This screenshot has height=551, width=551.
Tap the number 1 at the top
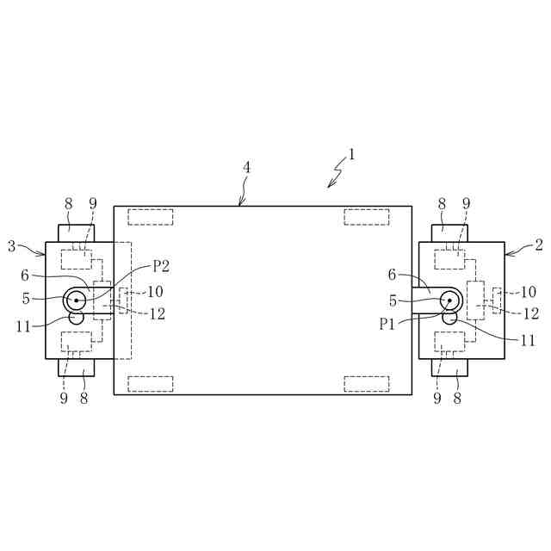click(x=351, y=156)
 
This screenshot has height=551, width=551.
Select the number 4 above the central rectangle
click(x=246, y=167)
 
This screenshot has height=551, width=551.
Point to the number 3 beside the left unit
click(x=12, y=245)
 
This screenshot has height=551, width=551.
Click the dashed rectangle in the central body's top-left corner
click(x=151, y=217)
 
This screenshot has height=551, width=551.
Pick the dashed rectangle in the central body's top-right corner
click(x=368, y=217)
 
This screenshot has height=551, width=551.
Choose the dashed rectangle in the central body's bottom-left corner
click(x=151, y=383)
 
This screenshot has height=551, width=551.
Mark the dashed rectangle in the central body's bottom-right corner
click(x=368, y=383)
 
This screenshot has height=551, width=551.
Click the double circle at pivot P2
click(x=76, y=300)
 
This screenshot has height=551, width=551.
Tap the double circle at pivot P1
click(x=449, y=300)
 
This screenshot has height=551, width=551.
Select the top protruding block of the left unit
click(x=77, y=233)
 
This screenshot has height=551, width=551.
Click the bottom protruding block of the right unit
click(x=449, y=368)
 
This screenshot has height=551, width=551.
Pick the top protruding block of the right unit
click(x=449, y=233)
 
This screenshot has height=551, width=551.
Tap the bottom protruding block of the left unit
click(x=77, y=368)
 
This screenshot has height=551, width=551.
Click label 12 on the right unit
click(x=530, y=314)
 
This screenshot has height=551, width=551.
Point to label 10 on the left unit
click(x=155, y=292)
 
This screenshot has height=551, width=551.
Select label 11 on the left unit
click(x=24, y=326)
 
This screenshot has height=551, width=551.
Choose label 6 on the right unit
click(x=392, y=275)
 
